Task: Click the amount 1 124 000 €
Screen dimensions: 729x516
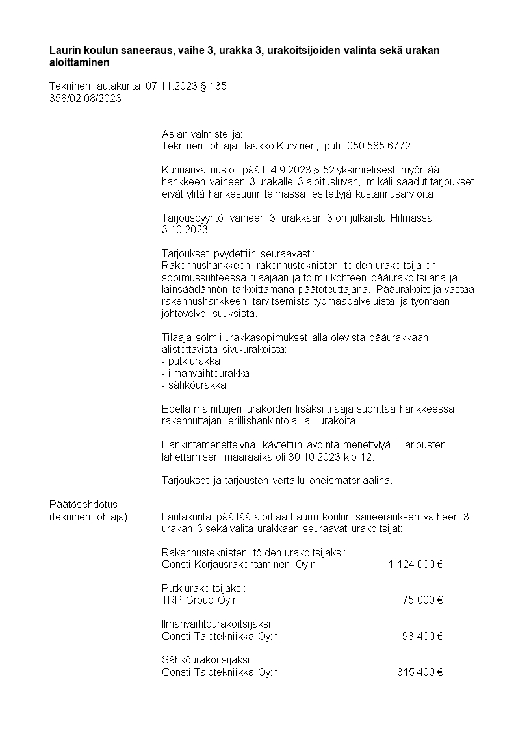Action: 415,564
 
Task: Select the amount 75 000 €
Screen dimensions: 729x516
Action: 422,600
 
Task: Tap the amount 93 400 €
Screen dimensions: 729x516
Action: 422,636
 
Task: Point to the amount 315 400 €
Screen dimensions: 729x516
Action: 420,672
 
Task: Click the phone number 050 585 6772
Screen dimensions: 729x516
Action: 379,146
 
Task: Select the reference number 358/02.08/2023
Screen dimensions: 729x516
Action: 85,98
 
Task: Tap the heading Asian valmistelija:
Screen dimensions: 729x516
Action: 201,134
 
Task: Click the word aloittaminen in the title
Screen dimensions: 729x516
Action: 79,63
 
